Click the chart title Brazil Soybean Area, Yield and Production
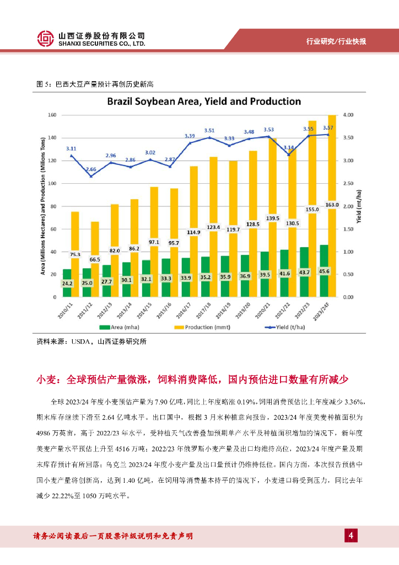click(x=203, y=102)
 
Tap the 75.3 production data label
click(x=75, y=254)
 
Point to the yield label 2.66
click(x=90, y=169)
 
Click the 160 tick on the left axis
click(x=52, y=115)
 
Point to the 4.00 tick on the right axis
click(x=348, y=115)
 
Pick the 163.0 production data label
click(x=332, y=204)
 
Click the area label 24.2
click(x=67, y=283)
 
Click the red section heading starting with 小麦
click(x=192, y=380)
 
